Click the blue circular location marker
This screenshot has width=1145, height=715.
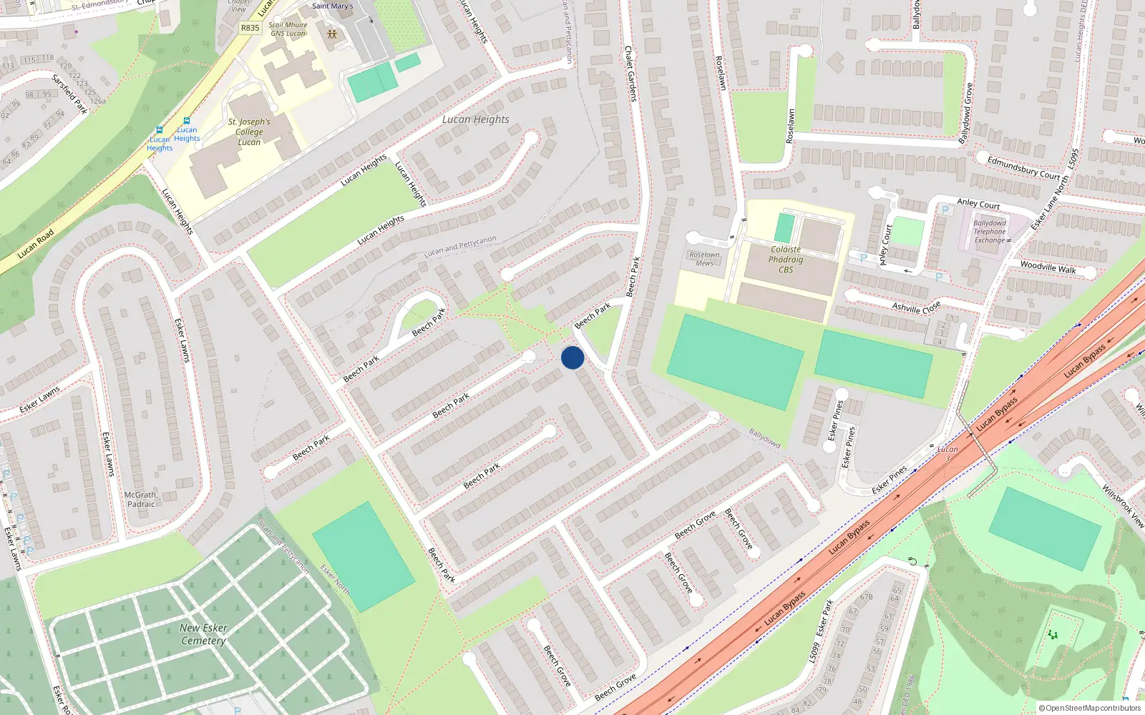572,357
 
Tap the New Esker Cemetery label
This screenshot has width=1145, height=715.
203,634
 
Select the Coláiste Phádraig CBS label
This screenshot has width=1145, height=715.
786,260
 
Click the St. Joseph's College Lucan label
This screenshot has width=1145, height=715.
249,132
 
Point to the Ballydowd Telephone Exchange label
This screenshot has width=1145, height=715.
990,232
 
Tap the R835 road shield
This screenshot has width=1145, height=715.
250,28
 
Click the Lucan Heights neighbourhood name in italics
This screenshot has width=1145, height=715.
475,119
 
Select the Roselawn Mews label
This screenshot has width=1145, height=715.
704,258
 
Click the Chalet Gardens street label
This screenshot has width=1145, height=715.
630,74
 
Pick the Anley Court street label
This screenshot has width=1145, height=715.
978,204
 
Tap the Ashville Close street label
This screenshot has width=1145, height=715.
916,307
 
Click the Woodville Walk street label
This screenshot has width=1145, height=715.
1048,267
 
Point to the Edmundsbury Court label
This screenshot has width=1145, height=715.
1023,167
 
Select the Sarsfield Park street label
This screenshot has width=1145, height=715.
69,93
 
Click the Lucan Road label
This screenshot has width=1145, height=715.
36,244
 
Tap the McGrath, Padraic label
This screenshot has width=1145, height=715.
141,499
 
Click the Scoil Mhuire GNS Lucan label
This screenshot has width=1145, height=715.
288,29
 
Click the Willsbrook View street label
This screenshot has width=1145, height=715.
1123,506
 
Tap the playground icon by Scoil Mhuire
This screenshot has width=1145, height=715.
331,34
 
